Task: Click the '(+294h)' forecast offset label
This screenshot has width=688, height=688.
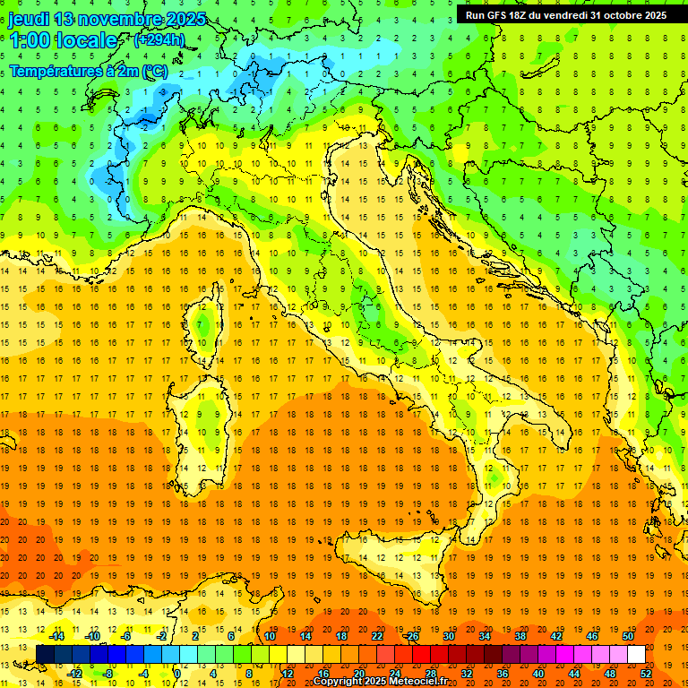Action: click(x=159, y=40)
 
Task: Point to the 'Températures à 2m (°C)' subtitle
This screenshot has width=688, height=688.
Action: click(x=88, y=70)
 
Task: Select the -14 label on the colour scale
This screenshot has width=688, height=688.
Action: click(x=56, y=636)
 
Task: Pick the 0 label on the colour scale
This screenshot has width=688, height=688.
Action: click(x=177, y=674)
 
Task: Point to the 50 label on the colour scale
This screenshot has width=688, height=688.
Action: click(x=628, y=636)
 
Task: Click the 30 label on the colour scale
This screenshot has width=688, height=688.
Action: click(x=448, y=636)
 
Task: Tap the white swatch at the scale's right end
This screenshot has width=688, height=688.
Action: click(x=636, y=655)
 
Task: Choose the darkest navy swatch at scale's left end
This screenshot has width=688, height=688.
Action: click(x=46, y=655)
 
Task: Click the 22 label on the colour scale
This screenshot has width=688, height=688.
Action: click(x=377, y=636)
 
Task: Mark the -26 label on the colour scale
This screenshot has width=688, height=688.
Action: click(x=411, y=636)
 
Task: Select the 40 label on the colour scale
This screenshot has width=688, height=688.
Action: click(x=538, y=674)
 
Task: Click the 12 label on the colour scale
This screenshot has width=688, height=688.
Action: click(x=287, y=674)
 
